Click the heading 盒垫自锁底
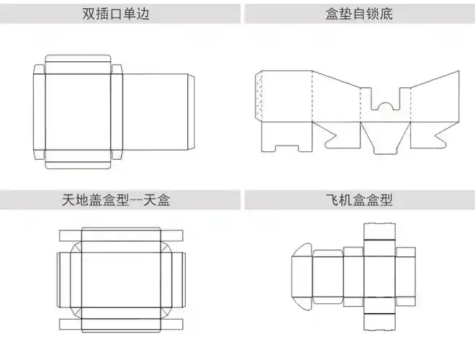click(358, 14)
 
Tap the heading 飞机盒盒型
click(358, 199)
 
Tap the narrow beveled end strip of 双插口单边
click(190, 112)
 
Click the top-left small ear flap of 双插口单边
click(40, 68)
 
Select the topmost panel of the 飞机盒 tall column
click(380, 232)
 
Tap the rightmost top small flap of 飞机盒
click(406, 252)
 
